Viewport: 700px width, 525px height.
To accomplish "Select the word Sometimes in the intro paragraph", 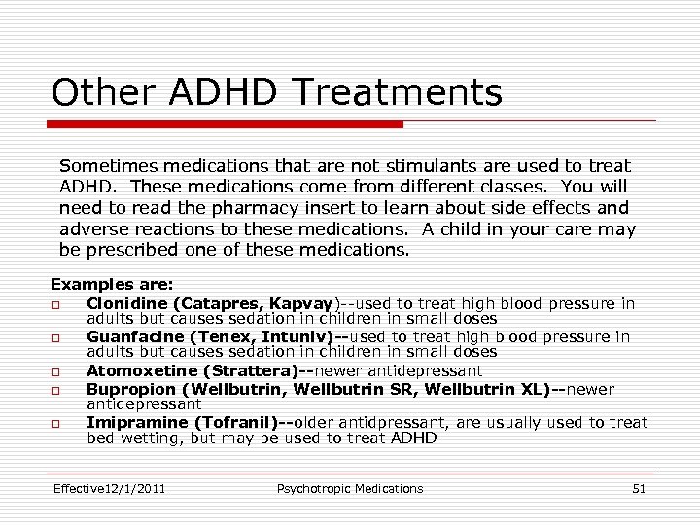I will (x=106, y=166).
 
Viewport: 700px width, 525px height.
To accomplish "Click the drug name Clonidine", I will (x=124, y=304).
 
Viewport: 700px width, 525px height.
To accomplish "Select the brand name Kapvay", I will (x=301, y=304).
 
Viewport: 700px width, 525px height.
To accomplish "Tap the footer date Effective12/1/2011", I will (x=109, y=488).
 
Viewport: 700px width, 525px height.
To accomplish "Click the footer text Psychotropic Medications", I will (x=350, y=488).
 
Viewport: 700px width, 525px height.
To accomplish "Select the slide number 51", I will (x=638, y=488).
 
